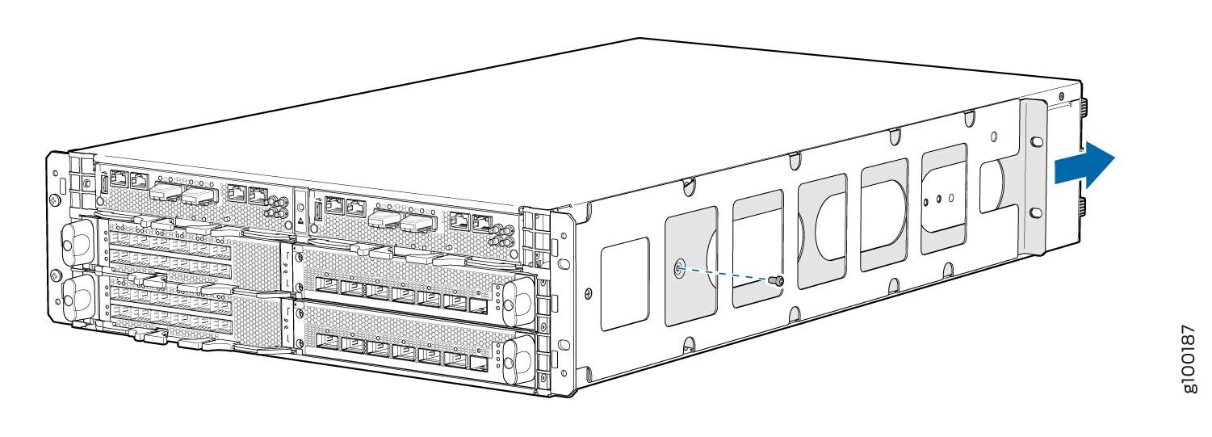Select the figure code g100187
point(1189,360)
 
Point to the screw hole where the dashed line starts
point(679,269)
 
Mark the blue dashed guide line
point(727,275)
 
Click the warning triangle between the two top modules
point(300,219)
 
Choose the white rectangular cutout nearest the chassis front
point(625,284)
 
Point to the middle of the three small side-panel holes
point(940,196)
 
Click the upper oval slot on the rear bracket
point(1036,141)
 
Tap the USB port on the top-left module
point(104,183)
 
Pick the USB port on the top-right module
point(317,213)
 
